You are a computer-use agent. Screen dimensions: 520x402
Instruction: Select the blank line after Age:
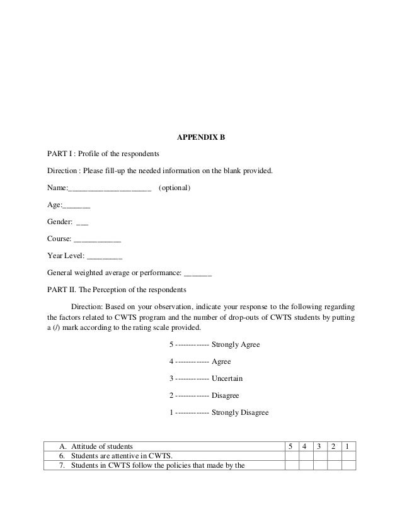tap(76, 206)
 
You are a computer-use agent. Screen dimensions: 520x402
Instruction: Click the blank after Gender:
tap(82, 223)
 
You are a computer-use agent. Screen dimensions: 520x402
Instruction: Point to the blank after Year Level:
tap(104, 257)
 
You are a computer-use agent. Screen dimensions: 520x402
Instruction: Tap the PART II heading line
tap(117, 291)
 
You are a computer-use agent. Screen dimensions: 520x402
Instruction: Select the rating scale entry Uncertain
tap(227, 379)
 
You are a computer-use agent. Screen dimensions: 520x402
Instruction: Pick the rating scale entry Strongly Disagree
tap(240, 413)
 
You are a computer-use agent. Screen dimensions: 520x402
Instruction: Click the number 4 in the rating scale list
tap(172, 362)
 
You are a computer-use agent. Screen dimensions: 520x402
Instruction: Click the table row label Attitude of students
tap(102, 446)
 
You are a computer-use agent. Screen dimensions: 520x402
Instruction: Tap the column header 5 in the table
tap(290, 446)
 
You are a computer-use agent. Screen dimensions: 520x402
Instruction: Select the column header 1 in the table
tap(348, 446)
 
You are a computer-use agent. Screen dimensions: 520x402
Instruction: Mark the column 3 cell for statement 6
tap(319, 456)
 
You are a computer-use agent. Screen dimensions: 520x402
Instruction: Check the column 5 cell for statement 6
tap(290, 456)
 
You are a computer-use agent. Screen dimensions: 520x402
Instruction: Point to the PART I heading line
tap(104, 154)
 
